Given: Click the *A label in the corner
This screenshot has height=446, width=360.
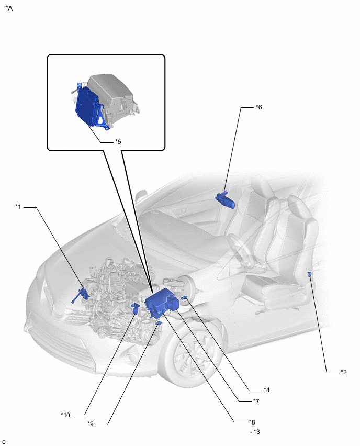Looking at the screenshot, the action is pyautogui.click(x=9, y=8).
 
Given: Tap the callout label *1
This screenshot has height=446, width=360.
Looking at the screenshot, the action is pyautogui.click(x=18, y=207).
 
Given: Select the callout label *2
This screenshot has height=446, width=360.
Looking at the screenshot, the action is pyautogui.click(x=343, y=372).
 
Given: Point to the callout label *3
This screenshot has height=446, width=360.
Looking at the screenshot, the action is pyautogui.click(x=256, y=432).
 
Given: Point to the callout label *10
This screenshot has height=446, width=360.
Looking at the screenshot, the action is pyautogui.click(x=65, y=415).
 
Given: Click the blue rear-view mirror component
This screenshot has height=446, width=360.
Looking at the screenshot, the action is pyautogui.click(x=226, y=200).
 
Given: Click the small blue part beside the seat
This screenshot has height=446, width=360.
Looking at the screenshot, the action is pyautogui.click(x=310, y=274).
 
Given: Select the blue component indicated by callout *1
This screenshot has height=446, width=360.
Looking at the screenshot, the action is pyautogui.click(x=81, y=295).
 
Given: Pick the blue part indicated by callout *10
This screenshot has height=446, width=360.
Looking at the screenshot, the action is pyautogui.click(x=136, y=308).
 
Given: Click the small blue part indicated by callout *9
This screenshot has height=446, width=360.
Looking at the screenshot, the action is pyautogui.click(x=159, y=323).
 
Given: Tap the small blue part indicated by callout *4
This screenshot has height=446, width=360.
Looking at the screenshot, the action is pyautogui.click(x=184, y=298).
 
